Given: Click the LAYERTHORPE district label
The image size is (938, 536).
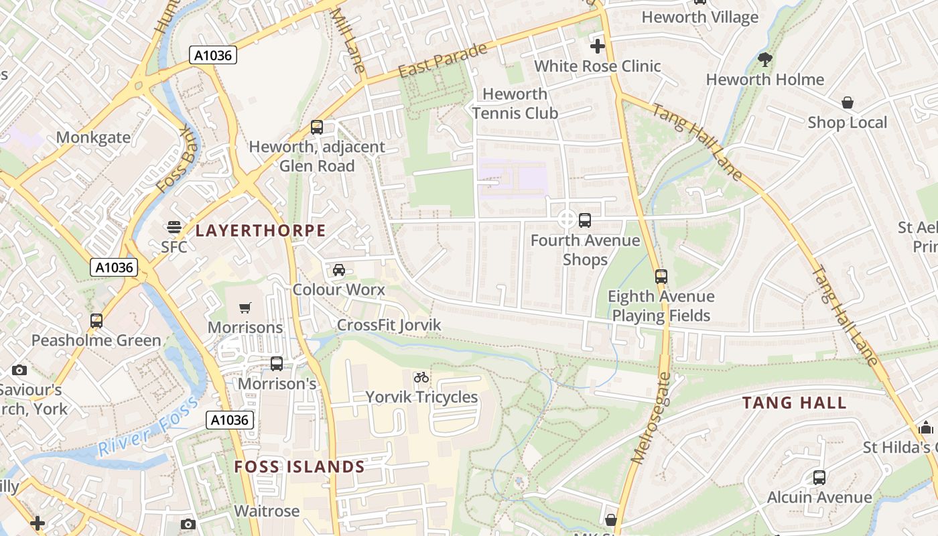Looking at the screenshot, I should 260,231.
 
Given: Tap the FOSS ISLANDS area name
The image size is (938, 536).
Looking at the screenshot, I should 299,467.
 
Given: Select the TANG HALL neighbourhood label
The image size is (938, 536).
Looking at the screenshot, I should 795,403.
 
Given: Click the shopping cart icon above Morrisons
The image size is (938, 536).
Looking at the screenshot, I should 245,308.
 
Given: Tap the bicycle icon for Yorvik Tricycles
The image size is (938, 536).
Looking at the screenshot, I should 421,377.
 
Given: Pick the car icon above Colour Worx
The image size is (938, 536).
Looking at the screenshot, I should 339,269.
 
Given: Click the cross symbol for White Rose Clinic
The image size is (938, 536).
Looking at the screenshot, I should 597,46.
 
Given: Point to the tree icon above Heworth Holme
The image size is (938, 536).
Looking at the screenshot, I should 765,60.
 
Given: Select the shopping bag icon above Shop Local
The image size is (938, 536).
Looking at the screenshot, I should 848,103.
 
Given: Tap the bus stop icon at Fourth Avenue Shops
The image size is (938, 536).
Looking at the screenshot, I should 585,220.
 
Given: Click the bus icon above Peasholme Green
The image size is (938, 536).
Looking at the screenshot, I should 96,320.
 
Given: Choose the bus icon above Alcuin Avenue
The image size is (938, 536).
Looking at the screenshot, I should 819,477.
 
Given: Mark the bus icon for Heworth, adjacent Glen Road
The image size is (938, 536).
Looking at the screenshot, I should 317,127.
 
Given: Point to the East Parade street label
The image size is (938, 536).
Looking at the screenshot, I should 442,61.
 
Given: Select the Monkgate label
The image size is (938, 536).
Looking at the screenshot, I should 93,137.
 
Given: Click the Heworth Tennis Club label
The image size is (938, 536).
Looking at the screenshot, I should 515,103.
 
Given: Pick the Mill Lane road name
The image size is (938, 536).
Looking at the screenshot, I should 348,40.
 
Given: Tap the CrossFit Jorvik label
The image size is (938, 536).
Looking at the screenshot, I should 389,325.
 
